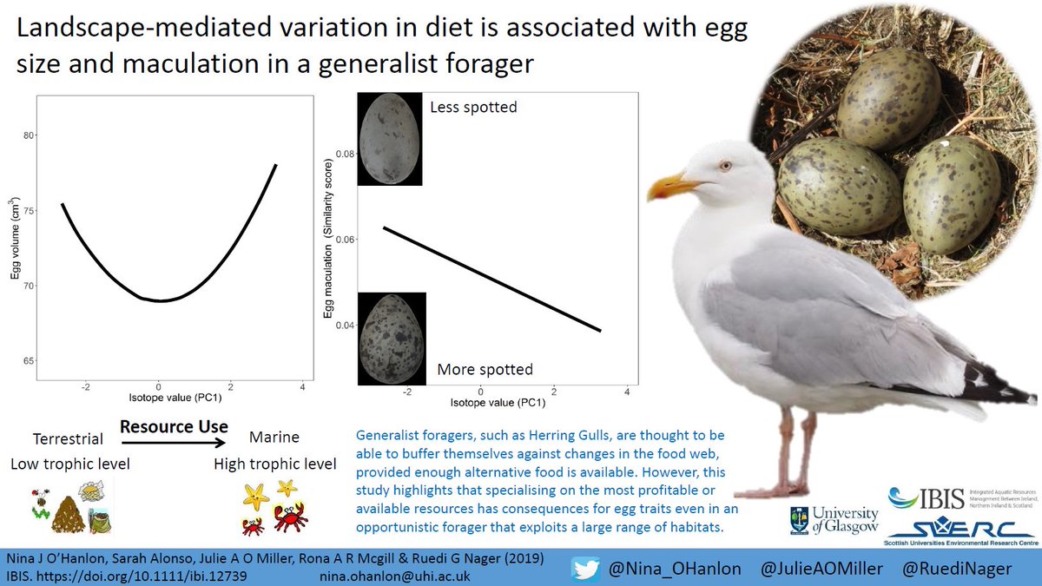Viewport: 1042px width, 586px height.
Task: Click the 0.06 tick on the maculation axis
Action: pos(345,239)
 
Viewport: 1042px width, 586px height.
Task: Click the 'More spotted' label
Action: pos(485,369)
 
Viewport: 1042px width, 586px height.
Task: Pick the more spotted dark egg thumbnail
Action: pos(391,336)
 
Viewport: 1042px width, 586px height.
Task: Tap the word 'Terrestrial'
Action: pos(67,439)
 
